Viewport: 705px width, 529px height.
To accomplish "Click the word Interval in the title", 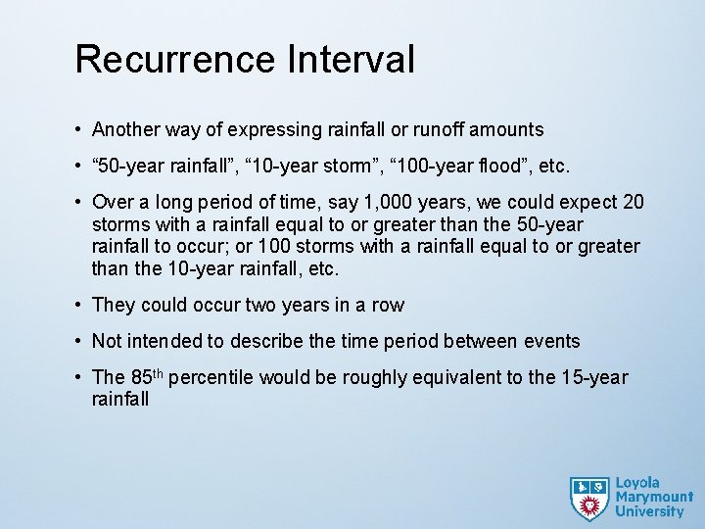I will [x=352, y=59].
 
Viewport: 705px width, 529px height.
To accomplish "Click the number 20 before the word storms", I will [x=634, y=202].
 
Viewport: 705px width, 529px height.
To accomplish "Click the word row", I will [x=387, y=305].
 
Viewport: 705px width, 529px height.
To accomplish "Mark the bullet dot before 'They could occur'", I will [x=76, y=305].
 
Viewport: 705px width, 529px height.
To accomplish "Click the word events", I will [x=552, y=341].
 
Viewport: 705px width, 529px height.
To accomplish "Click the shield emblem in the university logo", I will [x=590, y=498].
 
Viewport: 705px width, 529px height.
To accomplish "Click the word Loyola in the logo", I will [x=637, y=483].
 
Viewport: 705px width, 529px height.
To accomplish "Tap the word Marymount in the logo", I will [x=653, y=497].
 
